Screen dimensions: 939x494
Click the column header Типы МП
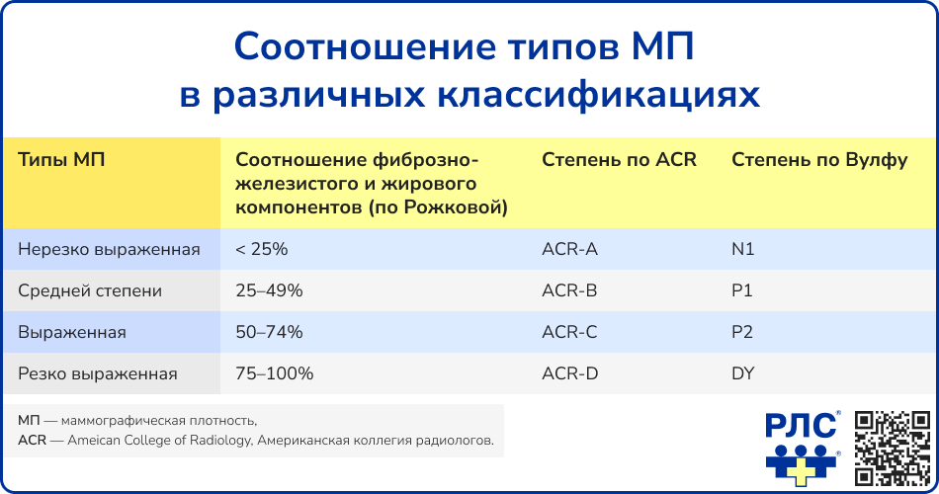pos(61,160)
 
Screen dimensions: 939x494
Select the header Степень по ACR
pos(619,160)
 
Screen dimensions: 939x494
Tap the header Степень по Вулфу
pos(819,160)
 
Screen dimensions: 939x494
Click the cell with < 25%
pos(262,249)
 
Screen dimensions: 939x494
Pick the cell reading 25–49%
pos(269,290)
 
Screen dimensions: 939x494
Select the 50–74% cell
pos(269,332)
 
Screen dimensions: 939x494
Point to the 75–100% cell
pos(274,373)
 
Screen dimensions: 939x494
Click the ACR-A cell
pos(569,249)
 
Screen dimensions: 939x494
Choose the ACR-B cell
pos(569,290)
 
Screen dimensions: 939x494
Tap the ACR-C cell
pos(569,332)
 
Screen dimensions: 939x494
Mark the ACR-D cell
pos(570,373)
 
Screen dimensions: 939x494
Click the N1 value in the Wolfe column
pos(742,249)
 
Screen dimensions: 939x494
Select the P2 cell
pos(742,332)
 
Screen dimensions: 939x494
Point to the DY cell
pos(743,373)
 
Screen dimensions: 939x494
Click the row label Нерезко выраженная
pos(109,249)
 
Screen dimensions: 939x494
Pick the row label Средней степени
pos(90,290)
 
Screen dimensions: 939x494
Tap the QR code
pos(893,448)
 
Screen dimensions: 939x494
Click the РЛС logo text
pos(801,427)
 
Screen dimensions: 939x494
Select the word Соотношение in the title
pos(365,46)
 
